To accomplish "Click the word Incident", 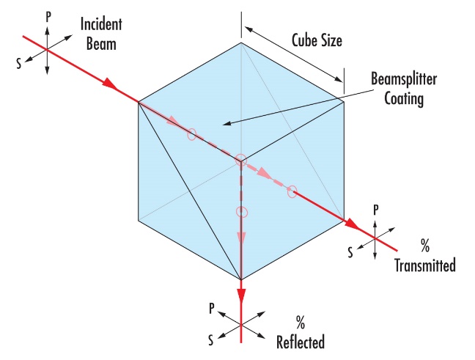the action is pos(101,24).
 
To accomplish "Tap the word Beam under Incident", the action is pos(101,44).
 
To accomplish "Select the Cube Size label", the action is pos(317,40).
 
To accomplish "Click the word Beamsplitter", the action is pos(404,79).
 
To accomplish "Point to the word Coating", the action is pos(404,99).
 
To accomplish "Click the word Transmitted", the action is pos(425,265).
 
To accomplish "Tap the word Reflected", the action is pos(301,342).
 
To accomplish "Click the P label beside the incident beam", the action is pos(48,18).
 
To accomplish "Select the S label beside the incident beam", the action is pos(19,64).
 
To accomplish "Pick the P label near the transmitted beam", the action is pos(375,210).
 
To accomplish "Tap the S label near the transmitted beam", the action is pos(350,252).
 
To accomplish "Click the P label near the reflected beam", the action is pos(212,309).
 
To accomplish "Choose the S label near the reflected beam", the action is pos(211,340).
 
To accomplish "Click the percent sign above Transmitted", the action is pos(425,246).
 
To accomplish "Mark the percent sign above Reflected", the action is pos(301,323).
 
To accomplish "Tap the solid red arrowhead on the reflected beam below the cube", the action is pos(241,296).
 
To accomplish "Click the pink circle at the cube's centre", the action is pos(241,159).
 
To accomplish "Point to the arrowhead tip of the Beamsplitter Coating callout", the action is pos(224,124).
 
